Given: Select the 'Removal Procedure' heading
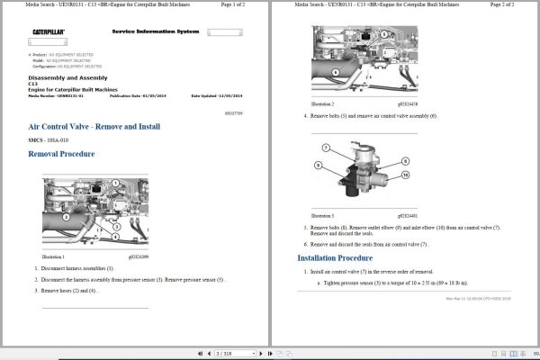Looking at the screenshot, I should pos(62,154).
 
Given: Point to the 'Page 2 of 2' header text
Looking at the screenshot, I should pos(510,5).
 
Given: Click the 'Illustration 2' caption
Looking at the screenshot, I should pos(323,104).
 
